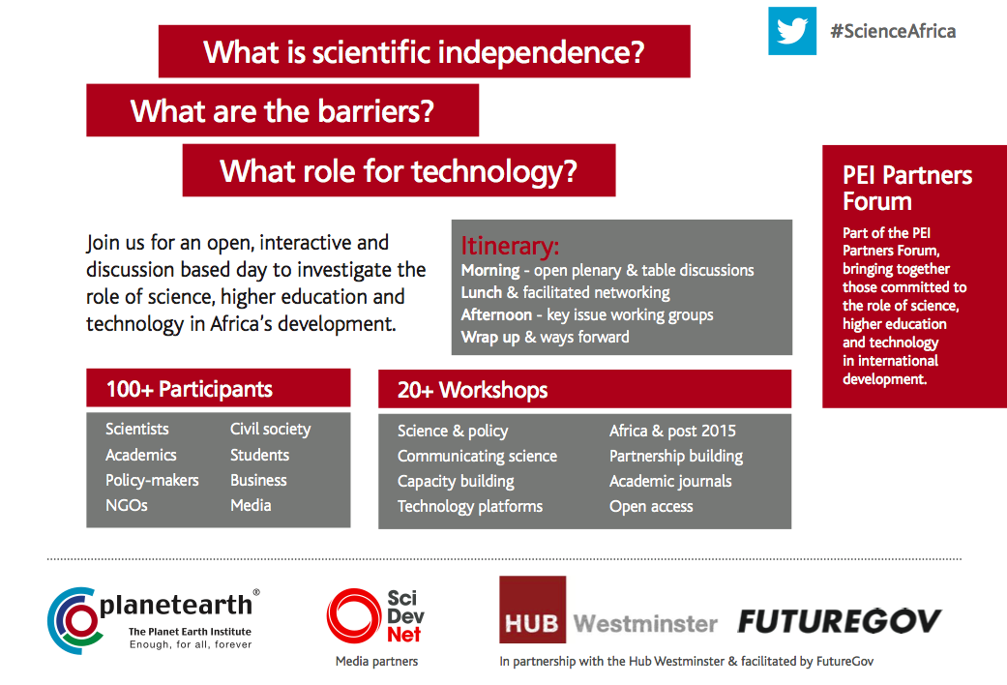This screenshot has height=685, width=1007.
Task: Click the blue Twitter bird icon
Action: click(792, 31)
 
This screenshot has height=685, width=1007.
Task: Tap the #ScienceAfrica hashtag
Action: click(893, 31)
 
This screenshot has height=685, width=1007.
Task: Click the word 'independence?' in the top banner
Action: click(542, 52)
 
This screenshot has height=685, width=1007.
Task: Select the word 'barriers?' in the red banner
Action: click(375, 111)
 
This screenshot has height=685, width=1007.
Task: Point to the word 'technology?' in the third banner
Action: click(494, 171)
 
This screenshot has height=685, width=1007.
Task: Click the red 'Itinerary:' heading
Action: click(510, 246)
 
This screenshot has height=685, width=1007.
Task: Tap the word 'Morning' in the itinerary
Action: click(490, 271)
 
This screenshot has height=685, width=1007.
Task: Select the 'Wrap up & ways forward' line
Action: click(546, 337)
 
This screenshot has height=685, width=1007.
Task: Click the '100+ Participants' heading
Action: click(190, 389)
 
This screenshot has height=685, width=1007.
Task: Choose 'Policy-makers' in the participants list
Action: click(152, 480)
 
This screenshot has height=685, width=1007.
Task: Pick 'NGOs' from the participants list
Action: click(127, 505)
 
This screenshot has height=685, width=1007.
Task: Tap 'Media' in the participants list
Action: click(251, 505)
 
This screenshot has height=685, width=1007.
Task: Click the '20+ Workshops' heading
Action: click(473, 390)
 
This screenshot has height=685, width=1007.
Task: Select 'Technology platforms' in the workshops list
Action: click(470, 506)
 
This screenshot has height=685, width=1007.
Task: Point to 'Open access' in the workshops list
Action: click(651, 506)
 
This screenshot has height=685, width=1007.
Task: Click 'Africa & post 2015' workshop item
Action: click(672, 431)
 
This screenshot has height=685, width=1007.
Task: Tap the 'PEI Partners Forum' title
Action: click(907, 188)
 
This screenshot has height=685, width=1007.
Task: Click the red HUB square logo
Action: click(532, 610)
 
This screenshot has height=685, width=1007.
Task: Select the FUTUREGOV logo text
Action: click(840, 621)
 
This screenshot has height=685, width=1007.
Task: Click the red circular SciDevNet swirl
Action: click(354, 615)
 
